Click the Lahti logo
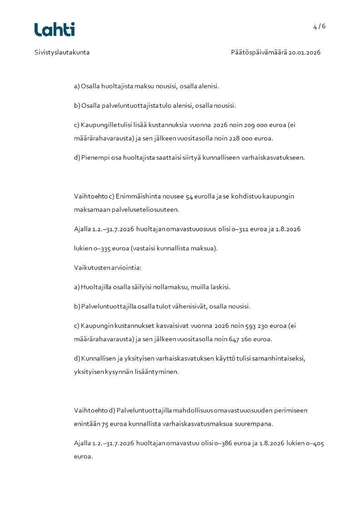pyautogui.click(x=54, y=30)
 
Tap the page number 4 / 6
pyautogui.click(x=319, y=26)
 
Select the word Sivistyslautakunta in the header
pyautogui.click(x=62, y=52)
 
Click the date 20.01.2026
pyautogui.click(x=305, y=52)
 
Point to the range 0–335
pyautogui.click(x=103, y=248)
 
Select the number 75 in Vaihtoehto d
pyautogui.click(x=105, y=424)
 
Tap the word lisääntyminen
pyautogui.click(x=157, y=371)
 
